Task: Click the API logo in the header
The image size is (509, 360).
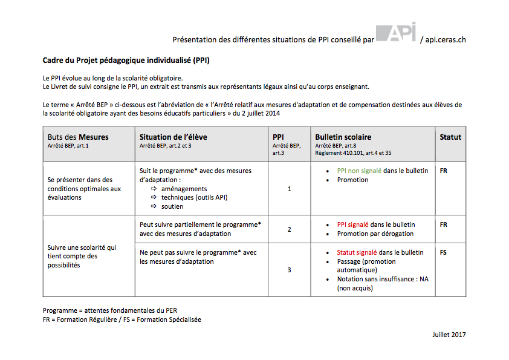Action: click(396, 33)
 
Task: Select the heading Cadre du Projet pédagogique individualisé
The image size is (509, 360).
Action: click(126, 61)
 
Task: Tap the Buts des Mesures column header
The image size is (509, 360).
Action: click(79, 137)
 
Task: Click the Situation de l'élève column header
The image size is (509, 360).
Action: click(173, 137)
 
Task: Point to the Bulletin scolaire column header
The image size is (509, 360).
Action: click(343, 137)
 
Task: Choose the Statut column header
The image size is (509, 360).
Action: click(450, 137)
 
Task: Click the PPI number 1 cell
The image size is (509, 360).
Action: click(289, 189)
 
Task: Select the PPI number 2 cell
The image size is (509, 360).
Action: click(289, 229)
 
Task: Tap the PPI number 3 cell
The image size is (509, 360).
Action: click(289, 270)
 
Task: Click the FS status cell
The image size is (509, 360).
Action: click(444, 252)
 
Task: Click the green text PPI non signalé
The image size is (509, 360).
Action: click(359, 171)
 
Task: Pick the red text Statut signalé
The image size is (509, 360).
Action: click(359, 252)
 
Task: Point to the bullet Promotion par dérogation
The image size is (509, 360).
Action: click(375, 234)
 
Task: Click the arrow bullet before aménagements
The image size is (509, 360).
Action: click(154, 189)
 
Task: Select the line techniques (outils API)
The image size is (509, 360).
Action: click(194, 197)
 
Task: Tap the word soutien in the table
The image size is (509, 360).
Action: click(172, 206)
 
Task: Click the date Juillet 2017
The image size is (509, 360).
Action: click(449, 335)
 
